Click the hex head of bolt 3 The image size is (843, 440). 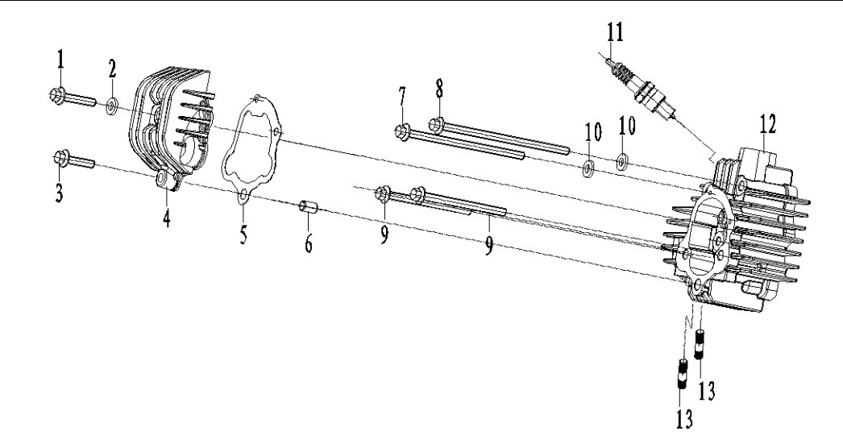tap(60, 156)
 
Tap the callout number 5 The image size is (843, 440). tap(243, 236)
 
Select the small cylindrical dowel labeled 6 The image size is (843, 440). tap(309, 209)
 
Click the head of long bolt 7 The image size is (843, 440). tap(401, 130)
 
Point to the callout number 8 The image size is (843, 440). tap(441, 89)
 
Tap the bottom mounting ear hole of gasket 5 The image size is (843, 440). tap(241, 192)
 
